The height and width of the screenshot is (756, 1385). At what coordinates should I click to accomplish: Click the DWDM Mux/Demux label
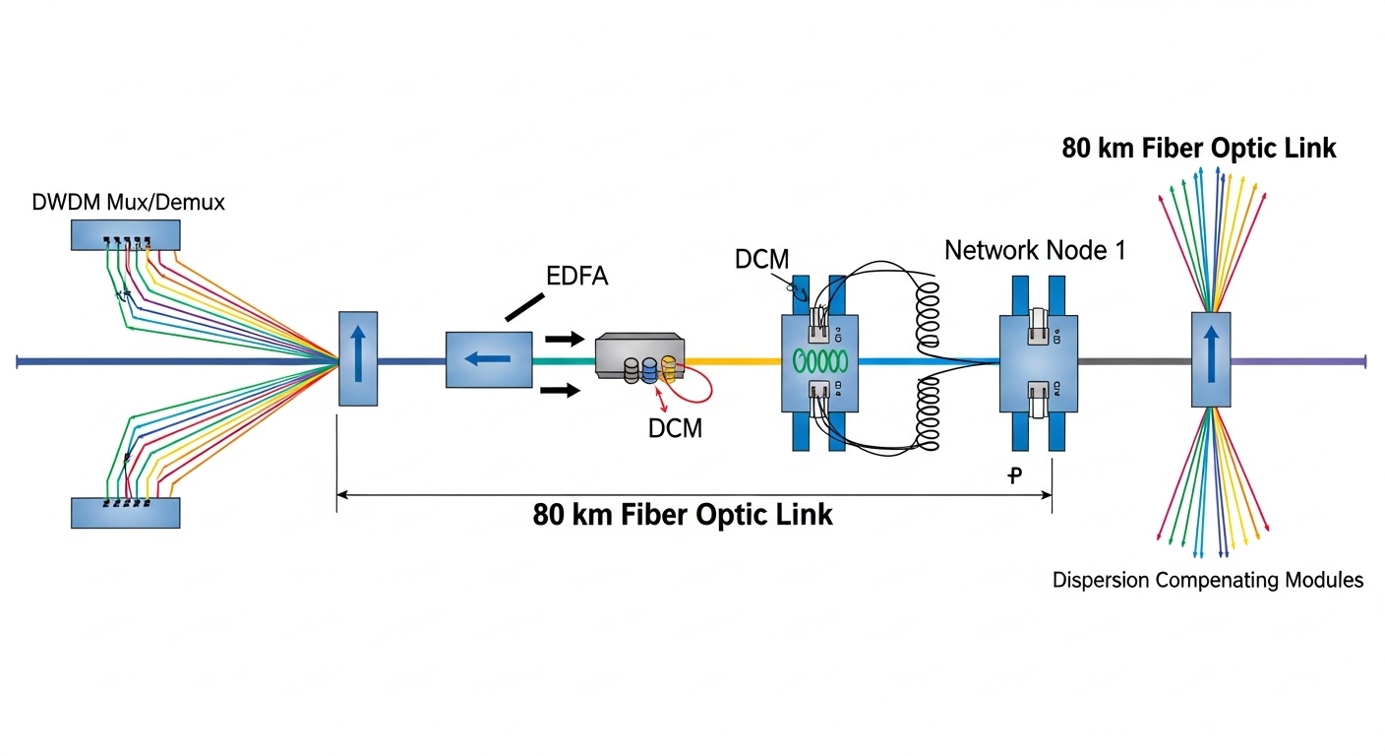click(x=128, y=203)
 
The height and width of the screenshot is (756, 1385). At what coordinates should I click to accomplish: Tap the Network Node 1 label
click(x=1035, y=250)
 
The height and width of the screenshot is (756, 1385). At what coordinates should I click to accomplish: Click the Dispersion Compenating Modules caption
click(x=1208, y=580)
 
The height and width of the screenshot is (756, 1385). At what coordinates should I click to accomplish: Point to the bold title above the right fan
click(x=1198, y=149)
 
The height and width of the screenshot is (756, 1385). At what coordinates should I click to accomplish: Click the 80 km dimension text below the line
click(x=683, y=514)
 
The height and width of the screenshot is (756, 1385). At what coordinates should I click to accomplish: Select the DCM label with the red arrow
click(x=675, y=428)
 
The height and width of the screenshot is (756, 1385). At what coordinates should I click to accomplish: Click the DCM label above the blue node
click(x=761, y=259)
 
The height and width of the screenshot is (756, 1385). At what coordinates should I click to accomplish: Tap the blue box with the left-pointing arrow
click(x=489, y=359)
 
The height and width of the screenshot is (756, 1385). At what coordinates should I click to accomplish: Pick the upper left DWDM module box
click(x=125, y=234)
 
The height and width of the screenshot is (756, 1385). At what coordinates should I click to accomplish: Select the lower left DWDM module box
click(x=125, y=512)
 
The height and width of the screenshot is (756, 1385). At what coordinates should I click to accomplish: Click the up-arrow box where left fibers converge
click(x=357, y=357)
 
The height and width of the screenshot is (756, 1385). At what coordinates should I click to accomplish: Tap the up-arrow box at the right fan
click(x=1211, y=359)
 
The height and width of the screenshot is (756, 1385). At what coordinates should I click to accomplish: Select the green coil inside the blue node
click(x=819, y=358)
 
